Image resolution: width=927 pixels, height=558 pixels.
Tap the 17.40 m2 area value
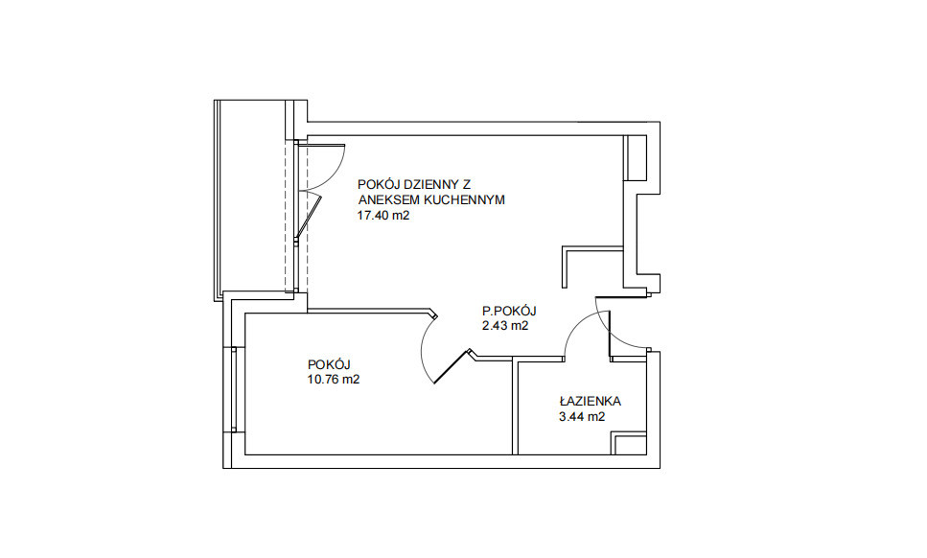[x=383, y=216]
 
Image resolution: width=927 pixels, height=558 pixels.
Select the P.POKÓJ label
[x=509, y=311]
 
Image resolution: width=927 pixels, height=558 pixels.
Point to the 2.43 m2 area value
[x=505, y=326]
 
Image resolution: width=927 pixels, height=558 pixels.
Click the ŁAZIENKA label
[x=590, y=402]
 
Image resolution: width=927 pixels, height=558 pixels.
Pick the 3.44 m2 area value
[x=582, y=417]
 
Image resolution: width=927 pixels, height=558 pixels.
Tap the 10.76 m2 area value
[x=334, y=380]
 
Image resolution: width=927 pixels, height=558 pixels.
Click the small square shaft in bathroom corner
[x=629, y=444]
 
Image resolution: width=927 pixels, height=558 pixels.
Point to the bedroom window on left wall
[x=234, y=389]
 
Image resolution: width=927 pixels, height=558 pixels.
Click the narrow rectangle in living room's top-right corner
[x=636, y=158]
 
